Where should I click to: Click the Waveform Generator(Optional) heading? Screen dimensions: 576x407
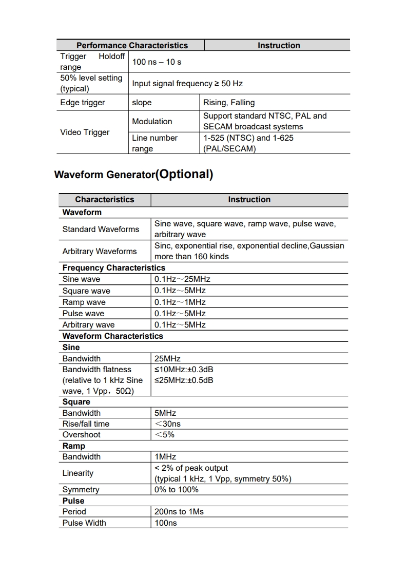[x=133, y=175]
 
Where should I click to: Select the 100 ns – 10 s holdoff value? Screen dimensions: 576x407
[x=157, y=62]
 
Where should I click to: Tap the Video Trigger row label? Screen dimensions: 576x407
[x=85, y=132]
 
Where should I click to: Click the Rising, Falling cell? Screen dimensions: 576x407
[x=229, y=103]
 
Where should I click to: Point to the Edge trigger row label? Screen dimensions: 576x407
[x=82, y=103]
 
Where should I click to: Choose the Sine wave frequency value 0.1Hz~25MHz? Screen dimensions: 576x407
[x=182, y=279]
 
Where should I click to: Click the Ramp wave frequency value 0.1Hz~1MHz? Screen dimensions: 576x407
[x=180, y=302]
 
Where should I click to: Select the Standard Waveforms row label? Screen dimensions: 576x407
[x=101, y=229]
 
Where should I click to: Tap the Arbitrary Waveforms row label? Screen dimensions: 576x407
[x=100, y=252]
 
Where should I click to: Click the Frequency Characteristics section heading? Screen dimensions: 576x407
[x=114, y=268]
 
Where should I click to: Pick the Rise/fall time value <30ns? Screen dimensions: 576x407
[x=167, y=424]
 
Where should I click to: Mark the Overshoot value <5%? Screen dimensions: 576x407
[x=164, y=435]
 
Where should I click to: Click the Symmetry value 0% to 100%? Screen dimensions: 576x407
[x=176, y=490]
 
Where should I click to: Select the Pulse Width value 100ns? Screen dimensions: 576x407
[x=165, y=523]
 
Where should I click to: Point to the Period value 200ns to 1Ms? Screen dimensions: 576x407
[x=179, y=512]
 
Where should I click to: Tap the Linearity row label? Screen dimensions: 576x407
[x=78, y=473]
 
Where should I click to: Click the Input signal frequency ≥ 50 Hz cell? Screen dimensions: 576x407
[x=187, y=84]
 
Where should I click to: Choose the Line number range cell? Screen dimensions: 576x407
[x=154, y=143]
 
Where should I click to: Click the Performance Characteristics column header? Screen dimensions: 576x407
[x=132, y=46]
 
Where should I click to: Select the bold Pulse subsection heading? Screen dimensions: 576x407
[x=73, y=501]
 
